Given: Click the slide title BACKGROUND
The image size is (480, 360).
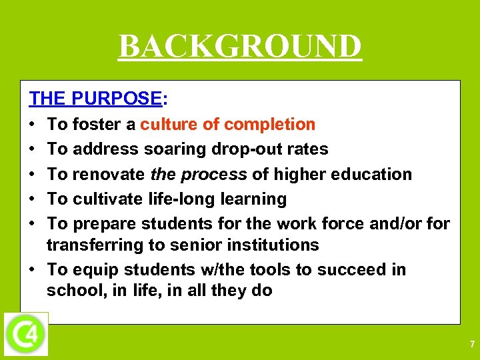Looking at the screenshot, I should point(240,47).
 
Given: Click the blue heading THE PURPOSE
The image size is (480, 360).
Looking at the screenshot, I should point(94,99).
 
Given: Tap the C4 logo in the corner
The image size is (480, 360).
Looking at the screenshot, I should point(26,333).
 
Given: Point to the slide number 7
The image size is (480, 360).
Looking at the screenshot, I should point(472,345).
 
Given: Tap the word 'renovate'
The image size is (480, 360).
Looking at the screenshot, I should point(109,174).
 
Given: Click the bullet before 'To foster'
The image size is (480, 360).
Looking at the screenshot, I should point(33,125).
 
